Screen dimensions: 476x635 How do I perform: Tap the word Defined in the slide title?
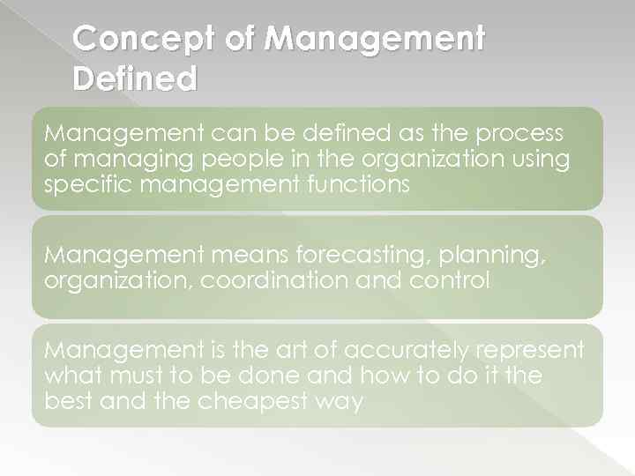[135, 80]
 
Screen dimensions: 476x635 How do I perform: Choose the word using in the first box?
[539, 159]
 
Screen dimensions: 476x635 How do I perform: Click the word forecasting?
[353, 255]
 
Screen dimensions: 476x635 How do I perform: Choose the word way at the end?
[343, 401]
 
